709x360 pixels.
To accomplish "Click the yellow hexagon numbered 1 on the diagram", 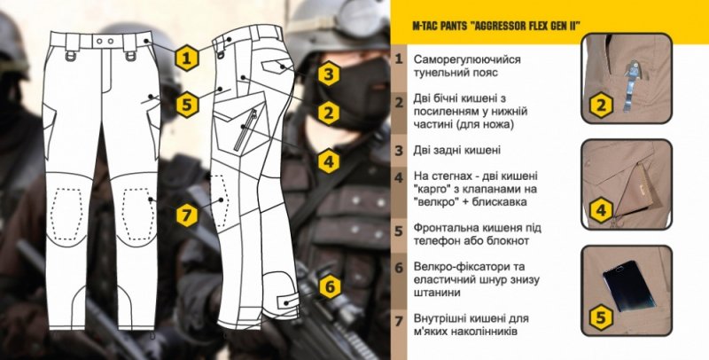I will point(185,59).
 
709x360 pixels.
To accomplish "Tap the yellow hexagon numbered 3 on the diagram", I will point(328,74).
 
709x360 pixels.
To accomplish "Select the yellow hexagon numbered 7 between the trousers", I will point(185,215).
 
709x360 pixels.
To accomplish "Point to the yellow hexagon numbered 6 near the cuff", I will point(328,287).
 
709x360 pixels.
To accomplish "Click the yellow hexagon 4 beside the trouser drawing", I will point(328,161).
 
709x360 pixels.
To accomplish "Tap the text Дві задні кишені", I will point(457,150).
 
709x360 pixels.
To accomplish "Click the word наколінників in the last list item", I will point(494,332).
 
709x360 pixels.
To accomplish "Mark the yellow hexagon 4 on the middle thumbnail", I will point(600,210).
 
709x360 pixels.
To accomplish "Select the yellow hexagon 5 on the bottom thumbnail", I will point(600,315).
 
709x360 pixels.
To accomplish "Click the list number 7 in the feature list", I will point(400,319).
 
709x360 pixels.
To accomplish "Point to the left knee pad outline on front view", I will point(66,210).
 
